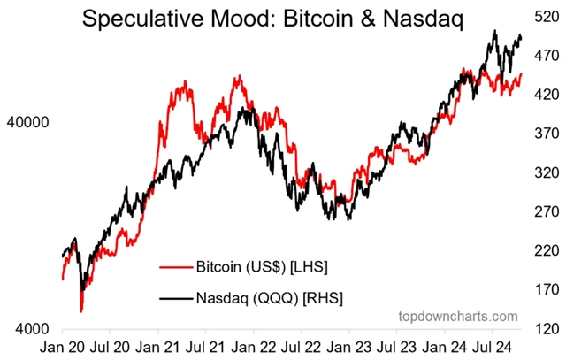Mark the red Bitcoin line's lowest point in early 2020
[81, 310]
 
